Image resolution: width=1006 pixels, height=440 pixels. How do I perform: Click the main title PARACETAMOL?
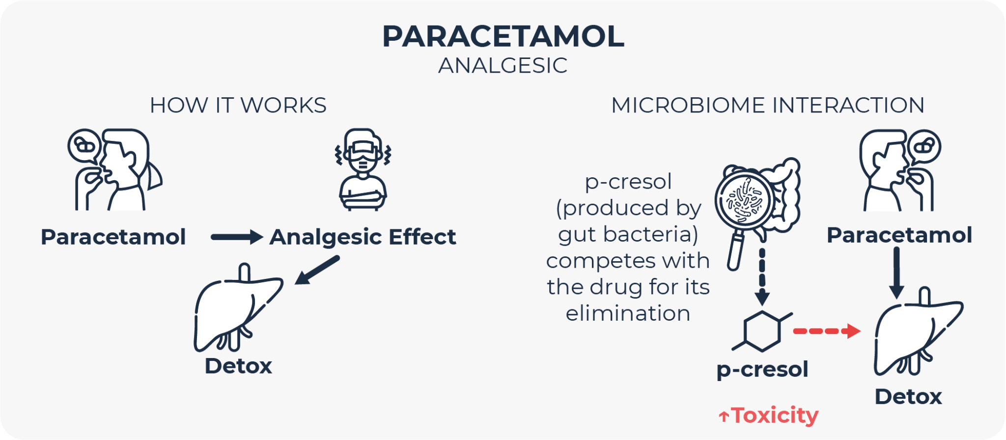coord(503,37)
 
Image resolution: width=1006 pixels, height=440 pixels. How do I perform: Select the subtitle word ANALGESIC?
coord(503,66)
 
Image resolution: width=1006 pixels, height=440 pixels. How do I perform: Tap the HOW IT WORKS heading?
coord(238,106)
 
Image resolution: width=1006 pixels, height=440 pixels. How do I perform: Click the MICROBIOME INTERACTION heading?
coord(768,106)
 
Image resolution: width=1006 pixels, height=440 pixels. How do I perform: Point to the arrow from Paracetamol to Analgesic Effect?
coord(237,237)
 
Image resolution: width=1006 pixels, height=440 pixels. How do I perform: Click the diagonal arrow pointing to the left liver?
coord(317,270)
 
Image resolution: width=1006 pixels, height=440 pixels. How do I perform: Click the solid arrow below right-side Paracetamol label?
coord(896,273)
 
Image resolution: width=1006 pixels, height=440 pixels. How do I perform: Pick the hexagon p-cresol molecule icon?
coord(762,331)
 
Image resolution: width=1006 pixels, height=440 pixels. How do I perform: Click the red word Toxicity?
coord(775,415)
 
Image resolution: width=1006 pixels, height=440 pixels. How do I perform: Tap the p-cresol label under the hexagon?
coord(762,369)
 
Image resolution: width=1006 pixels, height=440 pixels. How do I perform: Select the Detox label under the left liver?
coord(238,366)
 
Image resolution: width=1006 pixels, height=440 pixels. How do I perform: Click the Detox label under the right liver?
coord(908,397)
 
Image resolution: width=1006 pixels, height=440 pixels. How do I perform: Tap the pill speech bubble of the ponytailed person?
coord(84,146)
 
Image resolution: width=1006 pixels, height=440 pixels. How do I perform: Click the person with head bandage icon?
coord(363,169)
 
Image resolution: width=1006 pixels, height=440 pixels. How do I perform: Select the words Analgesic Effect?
coord(363,237)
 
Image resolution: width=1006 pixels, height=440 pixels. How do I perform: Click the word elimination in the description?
coord(628,313)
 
